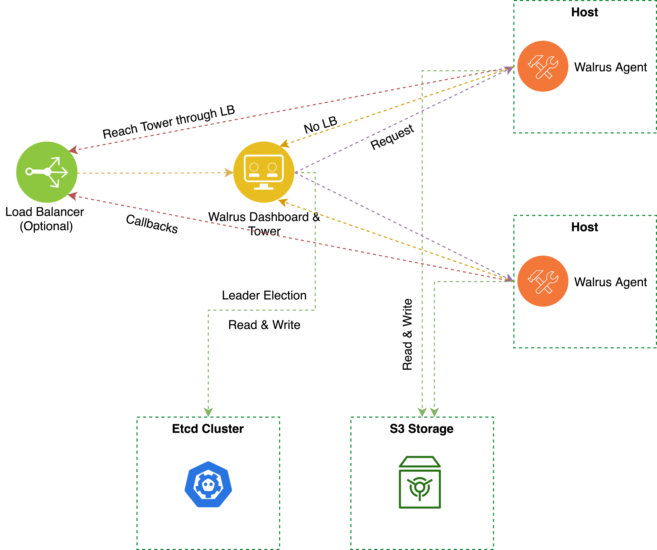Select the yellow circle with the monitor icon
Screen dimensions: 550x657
tap(264, 172)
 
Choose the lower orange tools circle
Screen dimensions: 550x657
tap(543, 281)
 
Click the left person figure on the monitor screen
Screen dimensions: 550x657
tap(254, 170)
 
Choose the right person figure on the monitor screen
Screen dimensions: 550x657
tap(272, 170)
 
